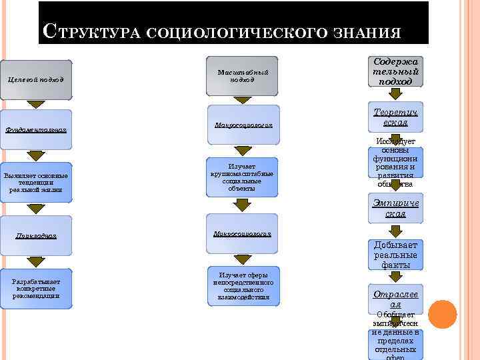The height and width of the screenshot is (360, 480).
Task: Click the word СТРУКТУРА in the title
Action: pos(91,31)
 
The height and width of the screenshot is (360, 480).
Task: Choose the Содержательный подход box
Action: pos(395,71)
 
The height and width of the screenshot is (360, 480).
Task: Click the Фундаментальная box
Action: pos(36,126)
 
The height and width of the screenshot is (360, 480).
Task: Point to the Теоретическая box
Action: pos(395,119)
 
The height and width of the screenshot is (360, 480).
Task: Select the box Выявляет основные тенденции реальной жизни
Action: pos(36,180)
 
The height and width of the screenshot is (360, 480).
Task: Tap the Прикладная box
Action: pos(36,235)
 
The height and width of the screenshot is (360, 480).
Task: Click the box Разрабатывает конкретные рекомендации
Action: pos(36,289)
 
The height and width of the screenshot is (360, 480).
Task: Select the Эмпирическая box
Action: pos(395,209)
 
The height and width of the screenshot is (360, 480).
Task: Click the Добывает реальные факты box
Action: pos(395,255)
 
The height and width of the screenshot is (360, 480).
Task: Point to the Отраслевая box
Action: pos(395,298)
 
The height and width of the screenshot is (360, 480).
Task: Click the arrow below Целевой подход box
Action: pos(36,105)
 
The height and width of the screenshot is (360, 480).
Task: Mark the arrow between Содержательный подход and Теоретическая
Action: pos(395,94)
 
